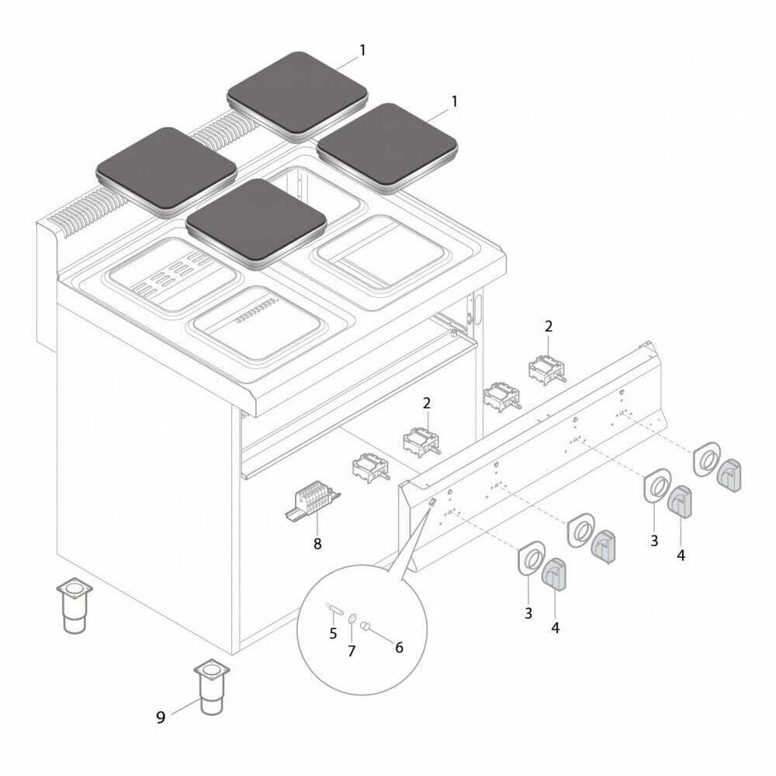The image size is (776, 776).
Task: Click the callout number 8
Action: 317,543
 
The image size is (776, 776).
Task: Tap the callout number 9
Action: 161,717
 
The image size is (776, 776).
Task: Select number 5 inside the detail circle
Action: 333,633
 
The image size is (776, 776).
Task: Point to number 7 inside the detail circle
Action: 352,651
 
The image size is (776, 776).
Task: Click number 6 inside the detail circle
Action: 399,647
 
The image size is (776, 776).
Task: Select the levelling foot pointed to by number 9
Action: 212,687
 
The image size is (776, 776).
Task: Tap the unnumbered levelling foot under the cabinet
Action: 74,605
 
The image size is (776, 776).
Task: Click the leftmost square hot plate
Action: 166,171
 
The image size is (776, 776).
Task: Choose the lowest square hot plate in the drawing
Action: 256,223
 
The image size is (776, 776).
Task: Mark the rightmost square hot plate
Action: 387,147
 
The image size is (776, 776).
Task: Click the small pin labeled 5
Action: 333,608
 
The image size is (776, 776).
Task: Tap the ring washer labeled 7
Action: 352,618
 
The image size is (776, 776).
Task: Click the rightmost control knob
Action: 729,475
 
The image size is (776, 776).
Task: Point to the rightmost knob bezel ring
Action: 706,459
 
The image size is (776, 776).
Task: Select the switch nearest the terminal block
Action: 371,467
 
